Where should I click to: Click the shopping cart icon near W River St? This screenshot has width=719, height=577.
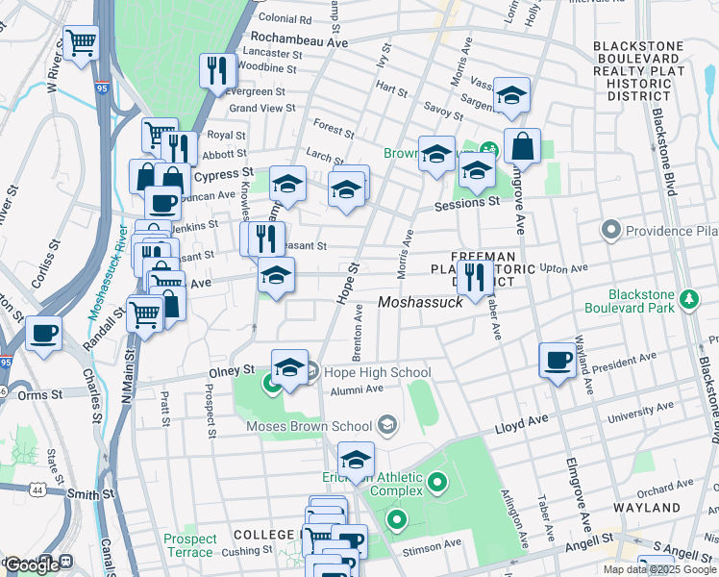(82, 42)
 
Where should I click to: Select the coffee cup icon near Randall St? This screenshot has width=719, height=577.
(43, 334)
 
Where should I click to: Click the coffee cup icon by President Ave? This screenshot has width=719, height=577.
(558, 361)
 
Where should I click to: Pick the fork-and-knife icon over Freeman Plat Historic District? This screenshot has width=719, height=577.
(475, 277)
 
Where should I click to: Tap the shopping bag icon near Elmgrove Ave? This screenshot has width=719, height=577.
(522, 147)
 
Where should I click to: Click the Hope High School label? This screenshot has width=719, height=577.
(369, 371)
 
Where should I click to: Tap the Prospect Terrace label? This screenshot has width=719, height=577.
(189, 545)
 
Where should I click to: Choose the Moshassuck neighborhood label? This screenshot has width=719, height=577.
(421, 302)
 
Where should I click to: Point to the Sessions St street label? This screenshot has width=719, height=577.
(467, 203)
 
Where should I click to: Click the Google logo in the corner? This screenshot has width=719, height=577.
(31, 565)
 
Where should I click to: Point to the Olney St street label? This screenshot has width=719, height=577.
(233, 369)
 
